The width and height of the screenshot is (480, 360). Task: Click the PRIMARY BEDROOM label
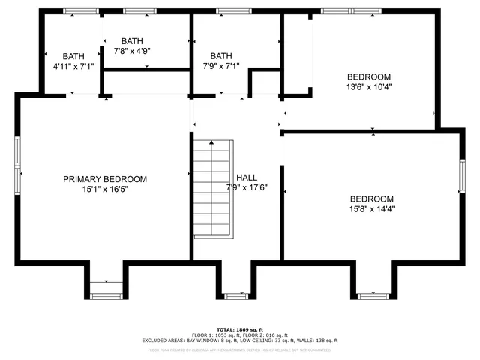pos(104,179)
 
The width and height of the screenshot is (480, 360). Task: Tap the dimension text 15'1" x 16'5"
pos(104,191)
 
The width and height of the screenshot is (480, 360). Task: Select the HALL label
pos(247,178)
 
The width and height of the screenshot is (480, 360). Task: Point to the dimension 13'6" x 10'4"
pos(369,87)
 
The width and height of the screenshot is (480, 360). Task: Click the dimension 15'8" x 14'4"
pos(373,209)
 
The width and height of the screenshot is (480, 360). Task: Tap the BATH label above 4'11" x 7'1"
pos(73,56)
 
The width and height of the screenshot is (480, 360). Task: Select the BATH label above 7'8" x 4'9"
pos(132,41)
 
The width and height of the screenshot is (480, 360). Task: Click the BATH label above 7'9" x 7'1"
pos(221,56)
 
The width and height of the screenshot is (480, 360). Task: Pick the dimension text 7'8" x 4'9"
pos(132,52)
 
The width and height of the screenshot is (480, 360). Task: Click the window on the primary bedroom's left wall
pos(16,165)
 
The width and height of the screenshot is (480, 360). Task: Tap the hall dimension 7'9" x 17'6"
pos(247,187)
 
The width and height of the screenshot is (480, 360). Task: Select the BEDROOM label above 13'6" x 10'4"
pos(369,76)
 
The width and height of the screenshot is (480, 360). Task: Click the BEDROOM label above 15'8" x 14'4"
pos(373,199)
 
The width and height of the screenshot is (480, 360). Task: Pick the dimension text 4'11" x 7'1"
pos(73,67)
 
